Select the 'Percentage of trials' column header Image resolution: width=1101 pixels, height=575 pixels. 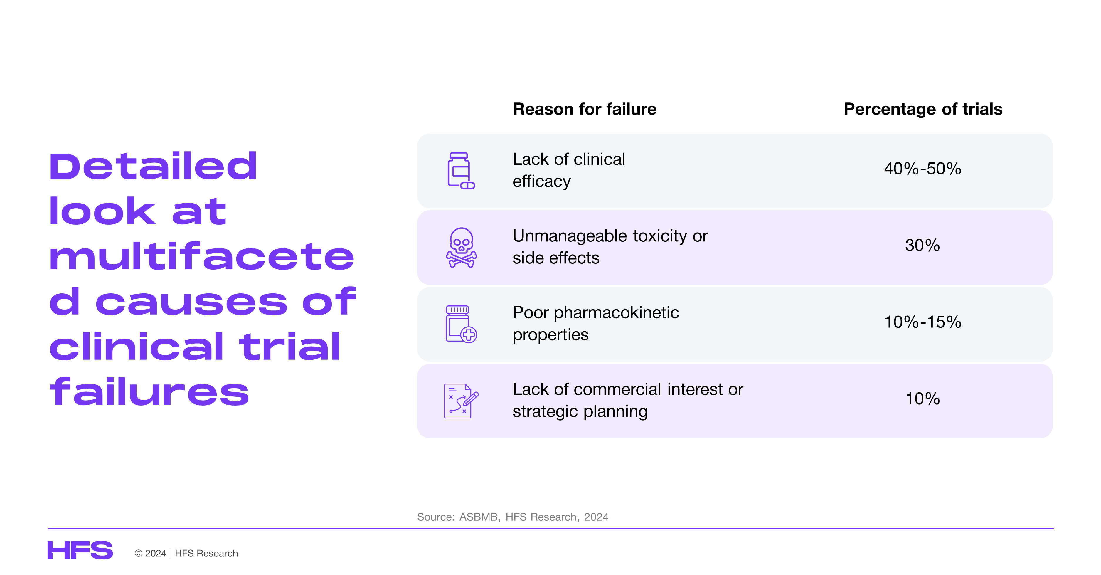923,110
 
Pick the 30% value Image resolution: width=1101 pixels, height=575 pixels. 922,246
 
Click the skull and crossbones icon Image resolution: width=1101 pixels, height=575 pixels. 462,248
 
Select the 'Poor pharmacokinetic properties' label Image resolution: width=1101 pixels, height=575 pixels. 596,324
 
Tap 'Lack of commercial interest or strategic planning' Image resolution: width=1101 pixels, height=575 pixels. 628,400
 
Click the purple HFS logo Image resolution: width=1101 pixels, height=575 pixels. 80,550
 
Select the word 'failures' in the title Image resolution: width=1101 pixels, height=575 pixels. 149,391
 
